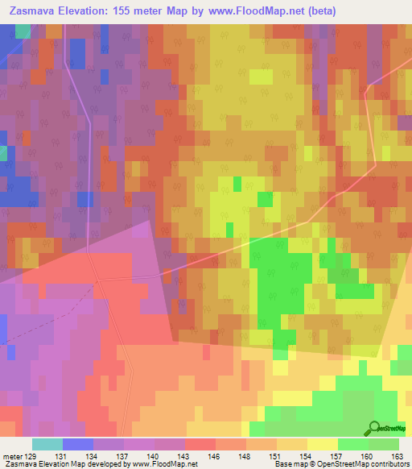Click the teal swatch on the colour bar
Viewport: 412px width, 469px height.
click(47, 444)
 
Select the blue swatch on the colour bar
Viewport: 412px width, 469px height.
click(77, 444)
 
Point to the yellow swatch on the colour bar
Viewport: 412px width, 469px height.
click(322, 444)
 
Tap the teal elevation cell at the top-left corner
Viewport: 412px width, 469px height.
click(23, 31)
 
